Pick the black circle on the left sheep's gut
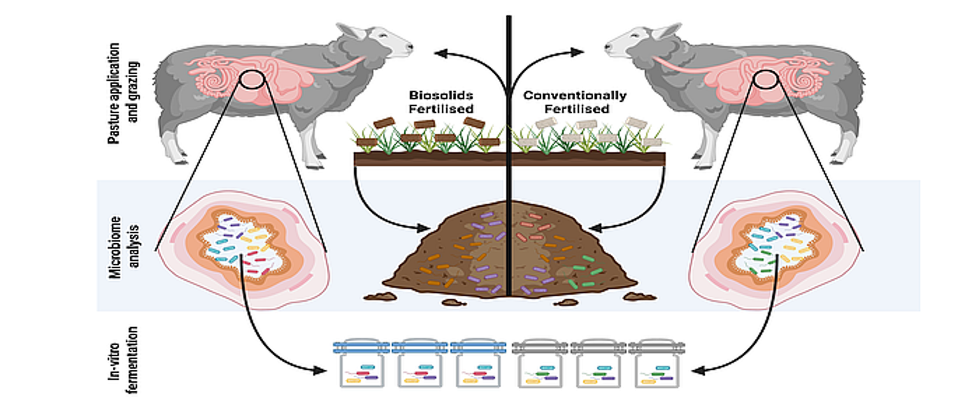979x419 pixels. [250, 82]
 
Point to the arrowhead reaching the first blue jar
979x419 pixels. [327, 368]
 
